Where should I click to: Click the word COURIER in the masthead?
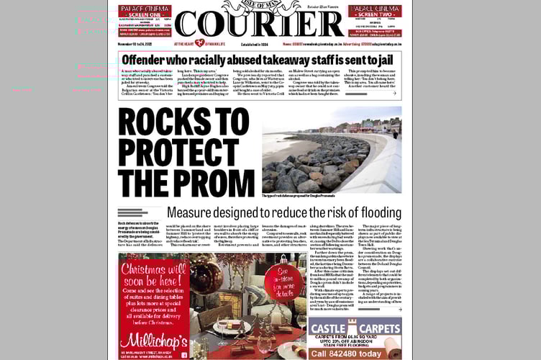click(259, 24)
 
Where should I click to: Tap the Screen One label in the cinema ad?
click(145, 15)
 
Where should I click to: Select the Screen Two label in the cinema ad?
click(375, 15)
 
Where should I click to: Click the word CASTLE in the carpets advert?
click(331, 330)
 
